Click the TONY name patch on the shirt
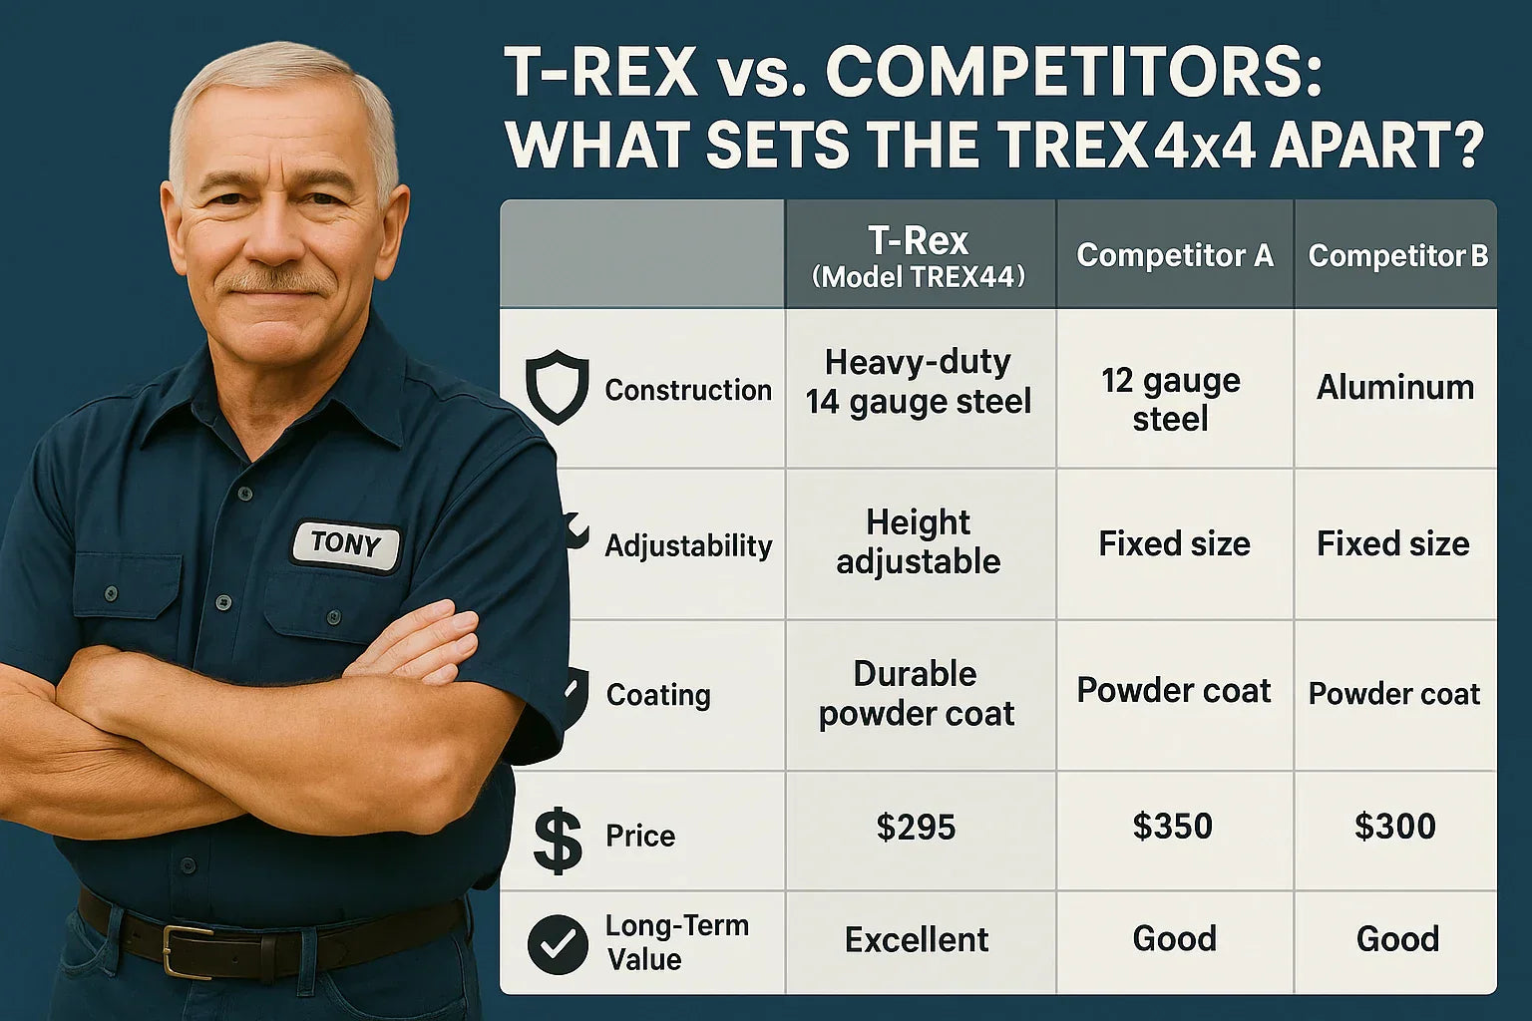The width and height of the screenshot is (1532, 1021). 345,545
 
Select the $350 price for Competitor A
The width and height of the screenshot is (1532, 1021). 1172,826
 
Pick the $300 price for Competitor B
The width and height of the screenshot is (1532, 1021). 1395,827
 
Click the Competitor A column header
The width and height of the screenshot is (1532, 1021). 1175,256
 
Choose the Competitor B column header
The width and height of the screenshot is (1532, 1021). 1398,256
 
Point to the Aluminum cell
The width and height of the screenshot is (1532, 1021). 1395,387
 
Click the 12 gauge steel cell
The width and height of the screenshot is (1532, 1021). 1171,400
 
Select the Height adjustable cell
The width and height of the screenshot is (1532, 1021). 919,541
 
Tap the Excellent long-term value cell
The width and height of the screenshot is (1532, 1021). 917,939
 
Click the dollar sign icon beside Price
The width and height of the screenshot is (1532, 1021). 558,842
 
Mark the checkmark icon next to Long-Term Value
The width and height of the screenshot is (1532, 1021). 558,944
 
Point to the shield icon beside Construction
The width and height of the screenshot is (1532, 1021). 557,387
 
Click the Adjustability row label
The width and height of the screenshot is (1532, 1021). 689,546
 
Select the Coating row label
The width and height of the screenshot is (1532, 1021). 658,695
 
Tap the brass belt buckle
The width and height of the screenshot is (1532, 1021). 188,951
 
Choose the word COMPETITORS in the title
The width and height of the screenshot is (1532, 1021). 1074,73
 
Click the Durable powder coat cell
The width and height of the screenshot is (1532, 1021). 917,694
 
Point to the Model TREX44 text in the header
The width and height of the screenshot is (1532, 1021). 919,277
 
